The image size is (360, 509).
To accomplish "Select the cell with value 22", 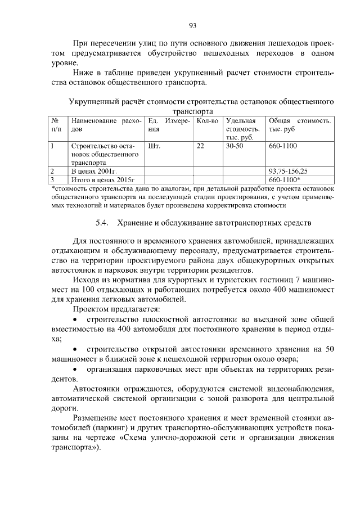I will [x=200, y=146].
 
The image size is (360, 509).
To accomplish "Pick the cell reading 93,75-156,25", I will [x=289, y=170].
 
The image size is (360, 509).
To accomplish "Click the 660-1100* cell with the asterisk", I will [x=286, y=179].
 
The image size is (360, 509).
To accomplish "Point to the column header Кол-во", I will [x=208, y=121].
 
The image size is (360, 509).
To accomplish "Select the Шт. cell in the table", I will [x=154, y=146].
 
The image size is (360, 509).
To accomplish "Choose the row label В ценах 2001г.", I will [x=93, y=170].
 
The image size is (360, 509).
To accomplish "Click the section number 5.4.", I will [x=102, y=223].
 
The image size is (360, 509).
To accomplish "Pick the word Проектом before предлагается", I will [x=92, y=309].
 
